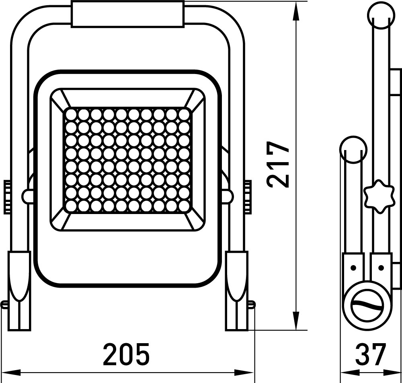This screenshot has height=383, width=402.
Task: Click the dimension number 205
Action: [x=126, y=354]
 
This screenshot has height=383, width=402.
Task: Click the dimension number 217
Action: [x=278, y=165]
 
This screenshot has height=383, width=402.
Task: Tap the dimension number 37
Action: [x=371, y=354]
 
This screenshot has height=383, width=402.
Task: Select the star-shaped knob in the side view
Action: [x=378, y=196]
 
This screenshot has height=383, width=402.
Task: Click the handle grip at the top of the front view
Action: [x=128, y=14]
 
